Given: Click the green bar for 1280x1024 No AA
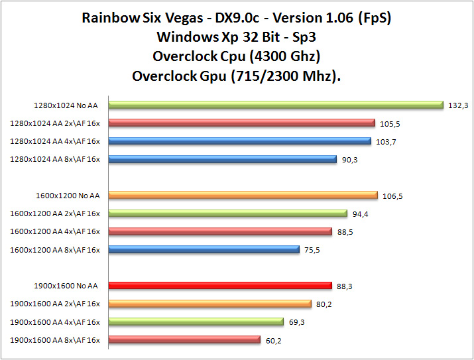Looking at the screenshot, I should (x=275, y=104).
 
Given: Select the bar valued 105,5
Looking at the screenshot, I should (x=241, y=123).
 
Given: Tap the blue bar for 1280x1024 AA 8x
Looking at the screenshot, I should (x=222, y=158).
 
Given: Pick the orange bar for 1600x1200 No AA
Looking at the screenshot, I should (x=243, y=195).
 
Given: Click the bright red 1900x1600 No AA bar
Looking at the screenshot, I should (x=219, y=286).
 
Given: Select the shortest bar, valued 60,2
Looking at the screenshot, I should (x=184, y=340).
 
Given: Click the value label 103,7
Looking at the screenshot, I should (x=386, y=141).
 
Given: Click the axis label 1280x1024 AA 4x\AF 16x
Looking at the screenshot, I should (x=55, y=141).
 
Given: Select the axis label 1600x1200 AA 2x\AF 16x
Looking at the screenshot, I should (x=55, y=213).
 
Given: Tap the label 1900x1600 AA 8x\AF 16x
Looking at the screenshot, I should (x=55, y=340).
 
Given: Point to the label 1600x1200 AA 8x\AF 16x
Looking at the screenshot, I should (x=55, y=249).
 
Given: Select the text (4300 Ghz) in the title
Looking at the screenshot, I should (x=286, y=56).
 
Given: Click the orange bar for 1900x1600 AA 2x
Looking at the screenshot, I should (x=209, y=304).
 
